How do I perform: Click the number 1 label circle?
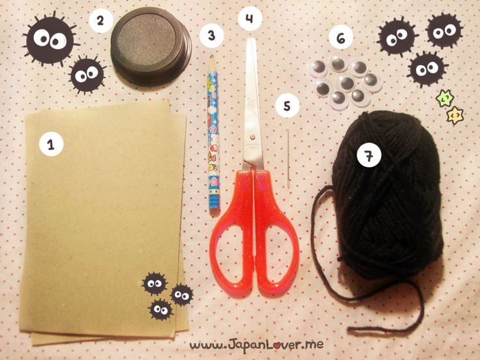pos(51,144)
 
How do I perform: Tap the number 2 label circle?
pos(100,21)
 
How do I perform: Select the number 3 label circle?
pos(211,35)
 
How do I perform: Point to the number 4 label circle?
pos(250,18)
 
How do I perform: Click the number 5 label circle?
pos(287,106)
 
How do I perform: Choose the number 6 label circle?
pos(340,38)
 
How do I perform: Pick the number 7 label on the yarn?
pos(369,155)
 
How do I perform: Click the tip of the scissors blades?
pos(251,38)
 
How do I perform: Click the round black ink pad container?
pos(151,47)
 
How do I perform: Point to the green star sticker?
pos(445,98)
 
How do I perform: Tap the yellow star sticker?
pos(455,115)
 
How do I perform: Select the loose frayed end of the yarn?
pos(350,330)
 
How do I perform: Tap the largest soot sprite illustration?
pos(50,39)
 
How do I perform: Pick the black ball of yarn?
pos(386,195)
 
